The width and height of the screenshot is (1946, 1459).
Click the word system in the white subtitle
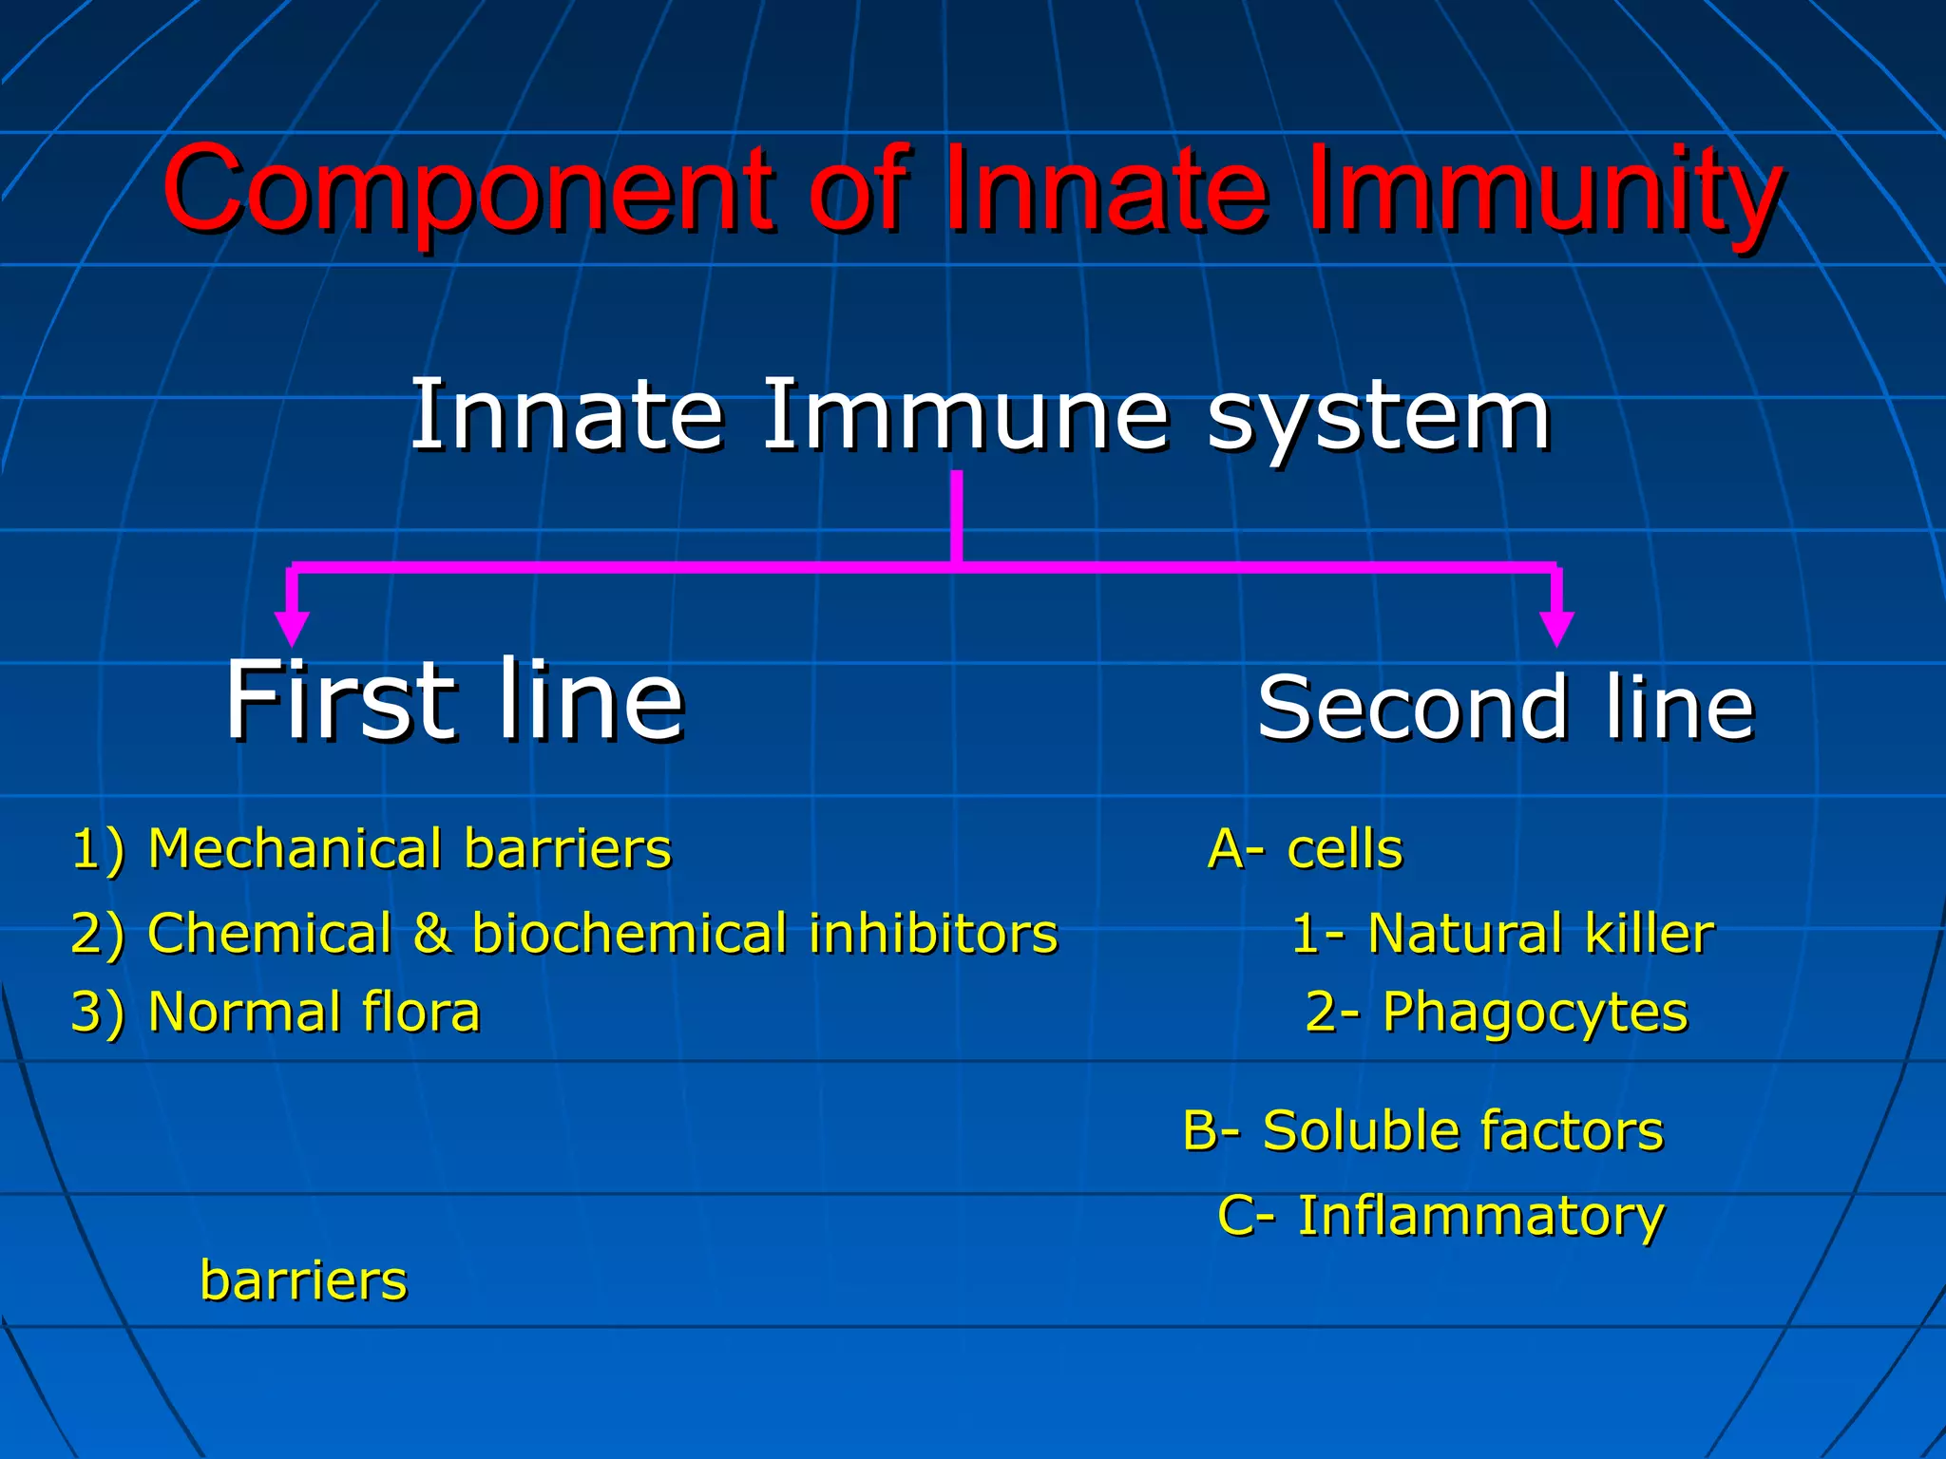1378,418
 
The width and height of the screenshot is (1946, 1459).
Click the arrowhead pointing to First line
292,629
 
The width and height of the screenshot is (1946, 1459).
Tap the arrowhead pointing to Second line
1556,629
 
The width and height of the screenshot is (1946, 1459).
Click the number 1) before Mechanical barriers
99,848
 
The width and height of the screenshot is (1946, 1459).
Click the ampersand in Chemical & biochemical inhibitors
431,933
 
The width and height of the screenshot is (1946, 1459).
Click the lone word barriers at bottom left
303,1280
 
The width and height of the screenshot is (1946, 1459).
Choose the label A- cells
1305,848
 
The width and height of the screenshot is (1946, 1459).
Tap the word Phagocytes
1535,1013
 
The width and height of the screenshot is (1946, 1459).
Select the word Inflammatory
1480,1216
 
